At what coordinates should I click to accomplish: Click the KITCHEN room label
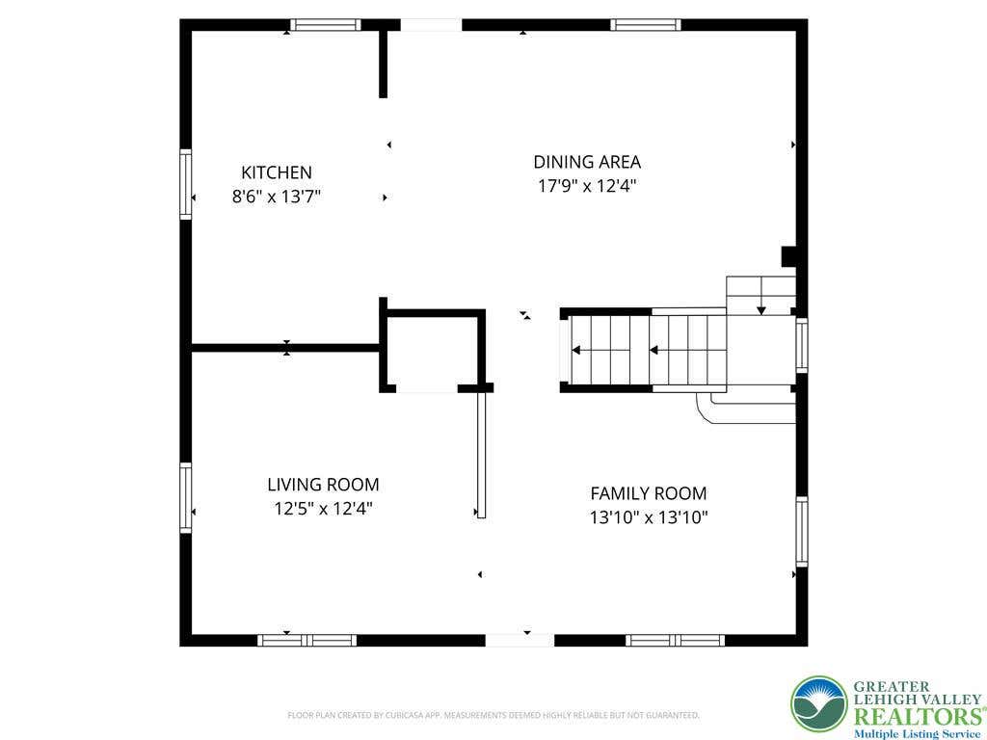(277, 172)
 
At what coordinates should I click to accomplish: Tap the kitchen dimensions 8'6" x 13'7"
(277, 197)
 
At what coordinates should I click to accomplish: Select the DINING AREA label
(587, 162)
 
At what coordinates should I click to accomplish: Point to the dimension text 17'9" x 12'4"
(587, 186)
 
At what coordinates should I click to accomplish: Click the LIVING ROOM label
(323, 485)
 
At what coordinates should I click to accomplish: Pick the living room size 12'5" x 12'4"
(323, 509)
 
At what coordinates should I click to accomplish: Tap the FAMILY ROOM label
(649, 493)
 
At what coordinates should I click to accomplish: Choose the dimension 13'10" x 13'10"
(649, 517)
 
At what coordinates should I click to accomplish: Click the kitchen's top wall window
(326, 25)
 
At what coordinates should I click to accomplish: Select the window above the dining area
(646, 25)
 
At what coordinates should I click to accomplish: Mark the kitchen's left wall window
(186, 184)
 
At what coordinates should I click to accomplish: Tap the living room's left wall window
(186, 498)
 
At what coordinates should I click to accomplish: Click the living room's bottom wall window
(307, 640)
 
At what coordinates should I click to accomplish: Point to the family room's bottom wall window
(675, 640)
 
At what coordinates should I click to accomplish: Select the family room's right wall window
(801, 531)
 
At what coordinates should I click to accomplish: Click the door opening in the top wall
(431, 25)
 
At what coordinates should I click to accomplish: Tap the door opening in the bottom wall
(520, 640)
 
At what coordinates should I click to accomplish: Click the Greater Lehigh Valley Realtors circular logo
(819, 706)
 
